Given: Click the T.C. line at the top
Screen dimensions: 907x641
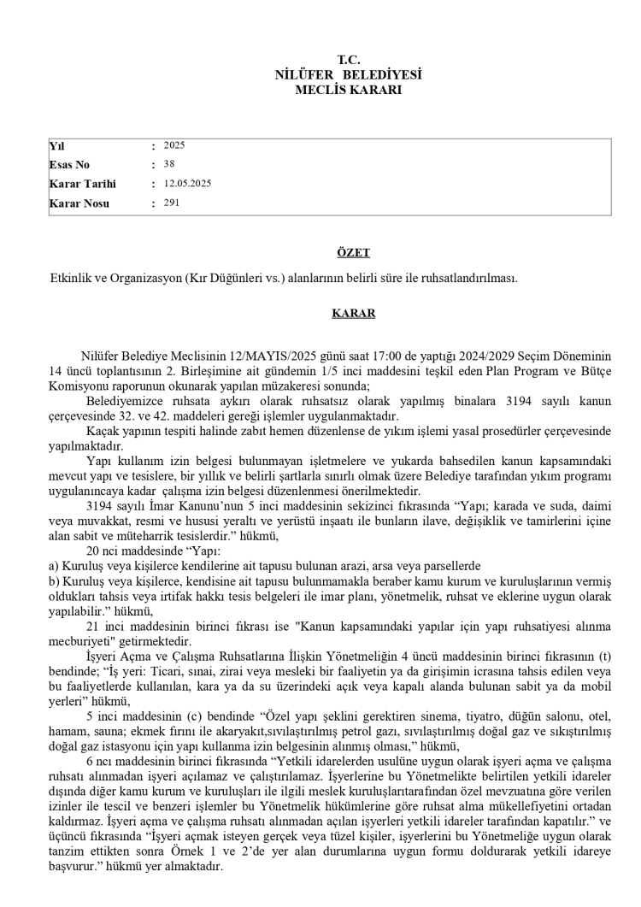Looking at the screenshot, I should pos(348,60).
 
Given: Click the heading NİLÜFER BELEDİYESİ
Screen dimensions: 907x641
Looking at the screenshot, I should pos(348,74).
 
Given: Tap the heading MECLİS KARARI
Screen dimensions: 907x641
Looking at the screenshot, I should pos(348,89).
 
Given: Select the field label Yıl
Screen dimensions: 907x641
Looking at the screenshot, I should pos(57,145).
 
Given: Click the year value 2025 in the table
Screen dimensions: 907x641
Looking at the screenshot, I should pos(174,145).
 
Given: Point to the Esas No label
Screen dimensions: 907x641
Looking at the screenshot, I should pos(69,165).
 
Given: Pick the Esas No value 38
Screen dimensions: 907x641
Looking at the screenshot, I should pos(168,164).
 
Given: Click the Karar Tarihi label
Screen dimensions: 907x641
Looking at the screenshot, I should pos(82,184).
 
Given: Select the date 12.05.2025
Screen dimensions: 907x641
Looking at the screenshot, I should pos(187,184).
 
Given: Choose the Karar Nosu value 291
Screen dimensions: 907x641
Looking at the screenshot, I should pos(172,203).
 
